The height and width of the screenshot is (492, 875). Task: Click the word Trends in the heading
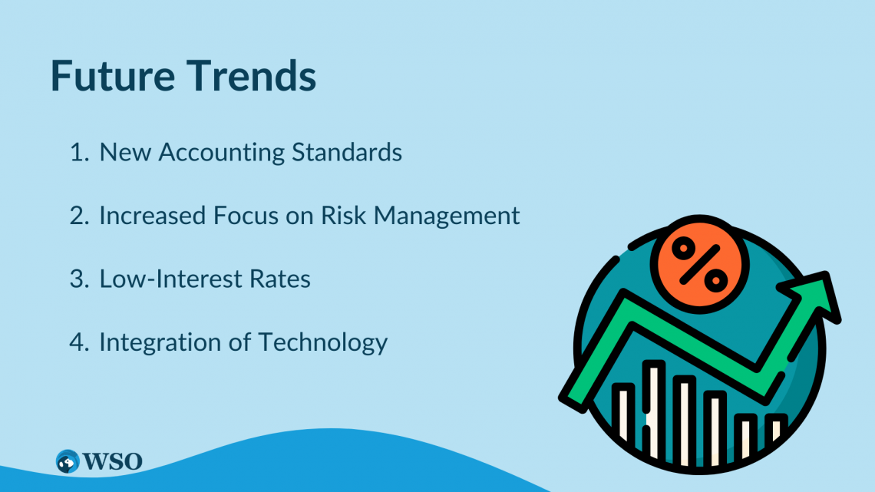(x=251, y=75)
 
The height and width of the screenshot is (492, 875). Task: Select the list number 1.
(x=79, y=152)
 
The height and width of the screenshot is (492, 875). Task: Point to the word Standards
(x=346, y=152)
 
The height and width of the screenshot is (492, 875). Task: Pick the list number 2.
(x=79, y=216)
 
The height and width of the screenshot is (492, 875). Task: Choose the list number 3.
(x=79, y=279)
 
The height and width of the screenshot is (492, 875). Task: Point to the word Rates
(x=279, y=279)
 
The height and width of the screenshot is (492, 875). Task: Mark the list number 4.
(x=79, y=342)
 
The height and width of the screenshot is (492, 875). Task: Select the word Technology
(x=322, y=343)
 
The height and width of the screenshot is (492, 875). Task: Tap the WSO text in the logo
(x=112, y=461)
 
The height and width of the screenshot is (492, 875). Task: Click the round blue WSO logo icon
(x=68, y=461)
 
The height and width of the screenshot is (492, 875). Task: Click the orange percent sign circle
(x=699, y=264)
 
